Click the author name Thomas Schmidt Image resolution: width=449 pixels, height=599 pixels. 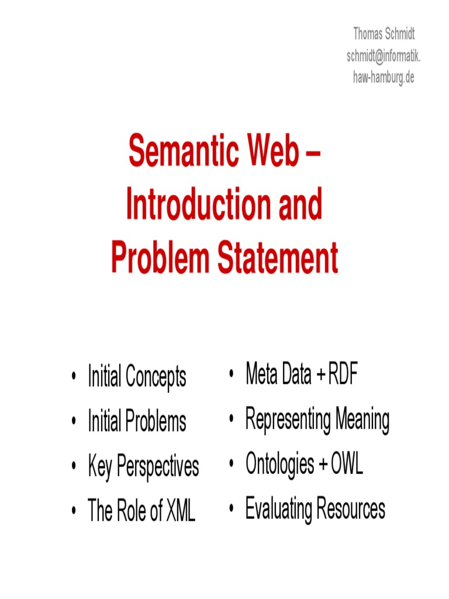(384, 33)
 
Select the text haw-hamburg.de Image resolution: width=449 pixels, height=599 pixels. (384, 77)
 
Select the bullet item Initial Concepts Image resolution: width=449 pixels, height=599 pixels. (137, 376)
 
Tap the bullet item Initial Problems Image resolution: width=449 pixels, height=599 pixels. (137, 421)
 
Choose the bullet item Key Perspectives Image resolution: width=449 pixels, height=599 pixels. (143, 466)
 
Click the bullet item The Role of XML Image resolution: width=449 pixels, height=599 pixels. (141, 510)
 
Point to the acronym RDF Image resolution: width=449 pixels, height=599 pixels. (343, 374)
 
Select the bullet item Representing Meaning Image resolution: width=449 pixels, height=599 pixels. (317, 420)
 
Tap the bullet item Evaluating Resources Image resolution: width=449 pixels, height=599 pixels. (315, 509)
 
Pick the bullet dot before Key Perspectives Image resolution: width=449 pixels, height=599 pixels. (74, 467)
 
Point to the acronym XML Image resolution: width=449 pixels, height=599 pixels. (181, 511)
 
